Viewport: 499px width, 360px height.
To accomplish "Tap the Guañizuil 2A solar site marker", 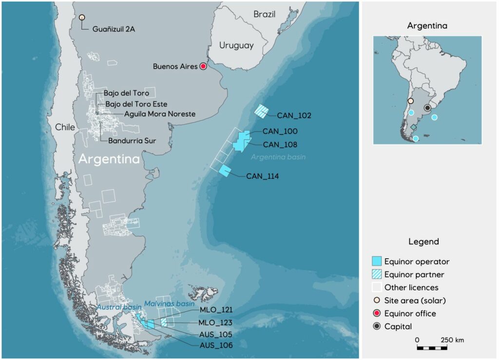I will coord(82,18).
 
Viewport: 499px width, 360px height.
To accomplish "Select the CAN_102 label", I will coord(294,115).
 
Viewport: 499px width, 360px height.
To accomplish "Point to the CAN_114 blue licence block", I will coord(225,171).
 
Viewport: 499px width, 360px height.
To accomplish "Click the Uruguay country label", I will coord(236,45).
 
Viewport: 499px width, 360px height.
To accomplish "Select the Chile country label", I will coord(65,127).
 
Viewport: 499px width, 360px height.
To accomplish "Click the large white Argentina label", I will coord(109,159).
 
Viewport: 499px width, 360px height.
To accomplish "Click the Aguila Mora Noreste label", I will coord(153,114).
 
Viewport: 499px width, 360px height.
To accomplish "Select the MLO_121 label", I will coord(215,310).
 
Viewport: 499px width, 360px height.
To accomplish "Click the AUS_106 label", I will coord(215,345).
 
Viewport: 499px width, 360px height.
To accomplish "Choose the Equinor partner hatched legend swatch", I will coord(376,274).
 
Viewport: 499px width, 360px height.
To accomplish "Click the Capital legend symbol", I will coord(376,326).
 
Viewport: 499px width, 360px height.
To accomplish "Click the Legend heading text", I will coord(423,242).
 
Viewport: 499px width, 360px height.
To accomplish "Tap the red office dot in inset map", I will coord(428,108).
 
